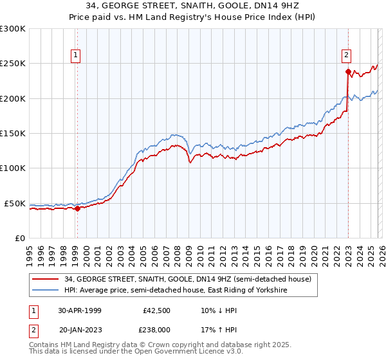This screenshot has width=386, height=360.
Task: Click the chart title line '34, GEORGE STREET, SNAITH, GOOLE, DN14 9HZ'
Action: pyautogui.click(x=193, y=6)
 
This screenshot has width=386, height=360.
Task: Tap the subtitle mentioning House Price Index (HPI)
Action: pyautogui.click(x=193, y=17)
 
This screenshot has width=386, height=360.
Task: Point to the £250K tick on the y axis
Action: pyautogui.click(x=13, y=64)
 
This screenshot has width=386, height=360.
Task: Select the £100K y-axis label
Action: pyautogui.click(x=13, y=168)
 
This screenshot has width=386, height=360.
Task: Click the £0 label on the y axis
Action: pyautogui.click(x=20, y=238)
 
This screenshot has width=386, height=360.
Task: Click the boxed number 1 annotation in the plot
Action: pyautogui.click(x=76, y=55)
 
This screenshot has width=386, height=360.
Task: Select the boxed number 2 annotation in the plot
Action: pyautogui.click(x=346, y=55)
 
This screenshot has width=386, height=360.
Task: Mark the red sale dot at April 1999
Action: pyautogui.click(x=77, y=208)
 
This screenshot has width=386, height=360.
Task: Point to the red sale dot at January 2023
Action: pyautogui.click(x=348, y=71)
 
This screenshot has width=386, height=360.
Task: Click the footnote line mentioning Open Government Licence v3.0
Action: pyautogui.click(x=132, y=353)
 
